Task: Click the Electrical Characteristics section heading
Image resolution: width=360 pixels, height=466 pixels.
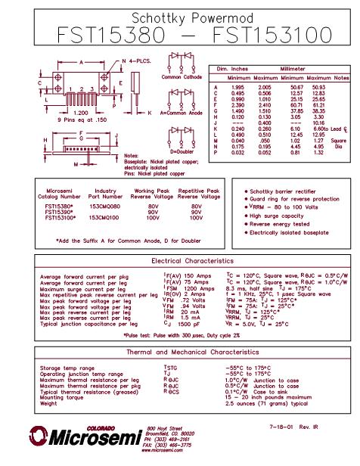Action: pyautogui.click(x=179, y=261)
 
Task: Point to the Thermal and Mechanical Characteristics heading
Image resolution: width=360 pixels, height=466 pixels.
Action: pyautogui.click(x=179, y=353)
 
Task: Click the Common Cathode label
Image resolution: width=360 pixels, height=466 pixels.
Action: pyautogui.click(x=181, y=78)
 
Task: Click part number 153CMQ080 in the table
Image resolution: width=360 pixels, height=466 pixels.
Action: pyautogui.click(x=105, y=205)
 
